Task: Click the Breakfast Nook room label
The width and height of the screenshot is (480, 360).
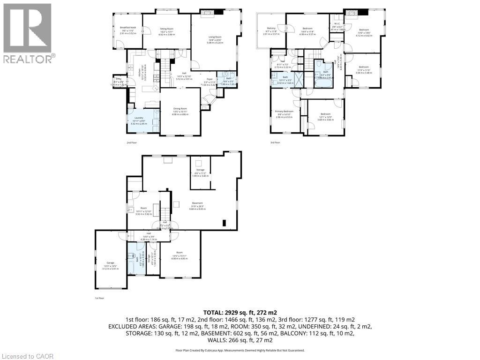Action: tap(127, 28)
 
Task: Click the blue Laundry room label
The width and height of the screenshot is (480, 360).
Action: tap(139, 118)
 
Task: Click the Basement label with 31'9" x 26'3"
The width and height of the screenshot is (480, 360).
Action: tap(197, 203)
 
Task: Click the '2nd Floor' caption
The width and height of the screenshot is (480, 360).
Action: tap(132, 142)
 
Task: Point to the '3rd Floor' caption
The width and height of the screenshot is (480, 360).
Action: tap(275, 142)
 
